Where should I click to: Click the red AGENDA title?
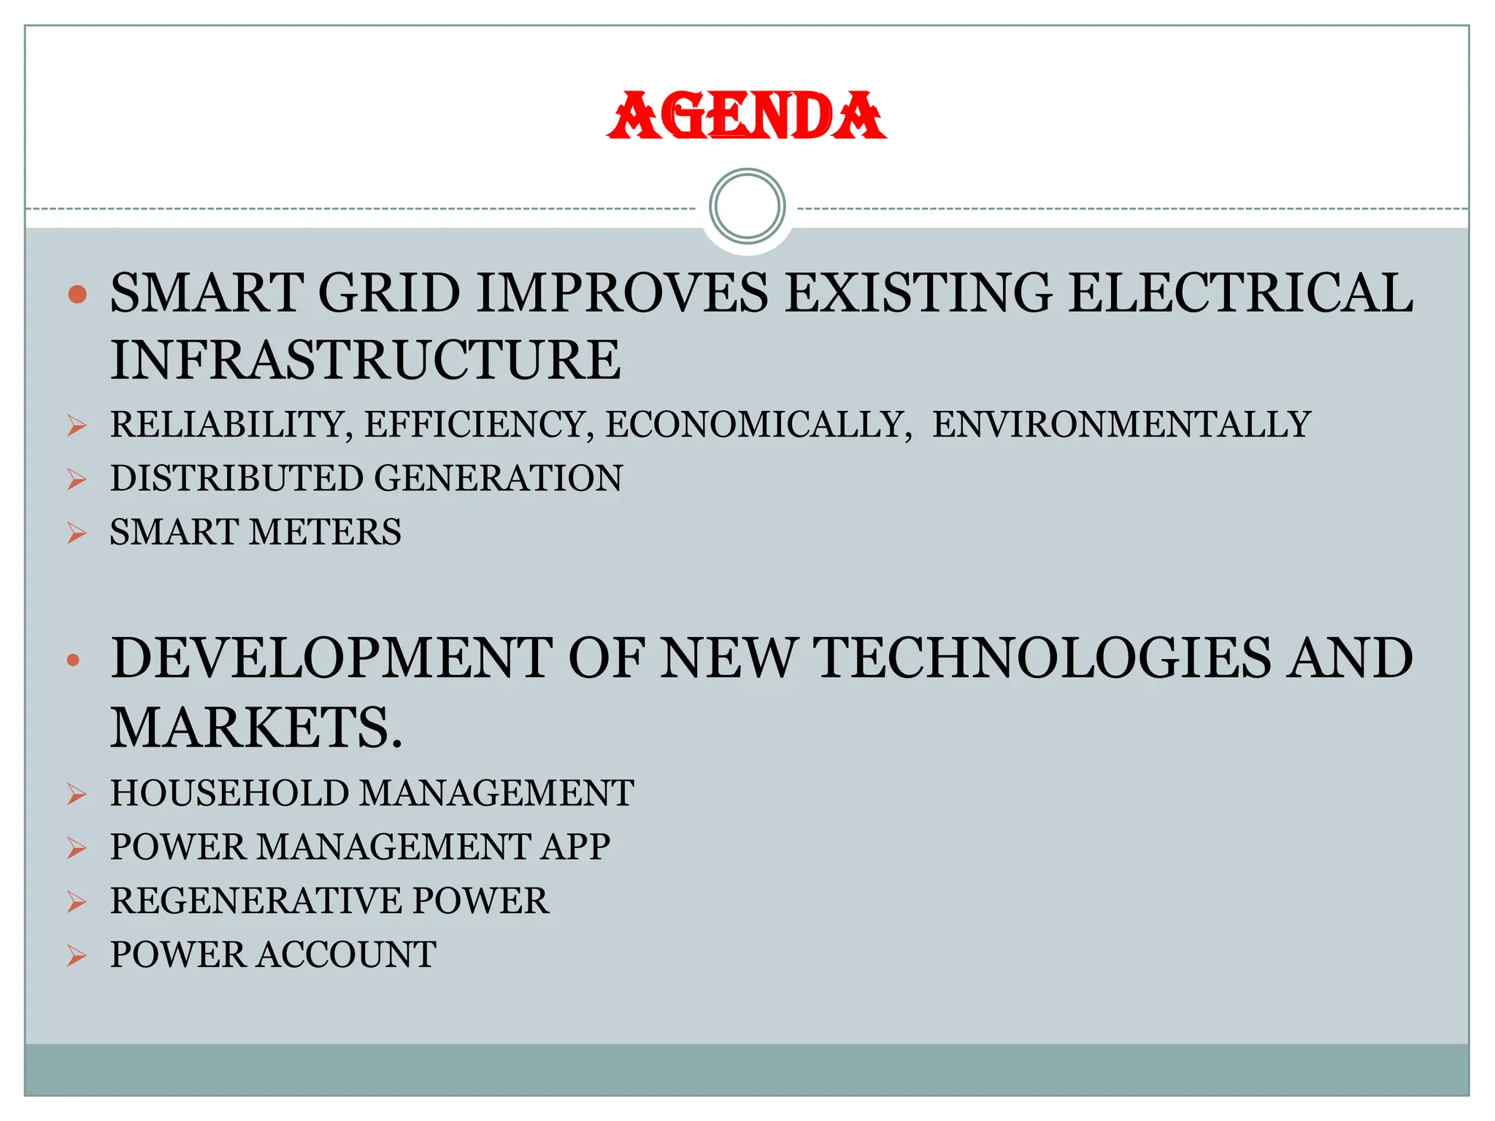coord(747,116)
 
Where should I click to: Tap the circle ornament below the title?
coord(747,207)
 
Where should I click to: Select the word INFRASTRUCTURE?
coord(365,361)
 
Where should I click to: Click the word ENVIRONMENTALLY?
coord(1121,425)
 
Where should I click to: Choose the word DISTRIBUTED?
coord(237,479)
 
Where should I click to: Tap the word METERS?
coord(326,532)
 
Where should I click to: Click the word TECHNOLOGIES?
coord(1041,658)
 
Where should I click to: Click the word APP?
coord(575,847)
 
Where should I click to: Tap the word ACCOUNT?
coord(347,955)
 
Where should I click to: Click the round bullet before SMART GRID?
coord(77,295)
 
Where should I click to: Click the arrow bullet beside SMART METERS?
coord(77,533)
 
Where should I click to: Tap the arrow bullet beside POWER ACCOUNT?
coord(77,956)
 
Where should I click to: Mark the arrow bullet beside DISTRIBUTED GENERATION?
coord(77,479)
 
